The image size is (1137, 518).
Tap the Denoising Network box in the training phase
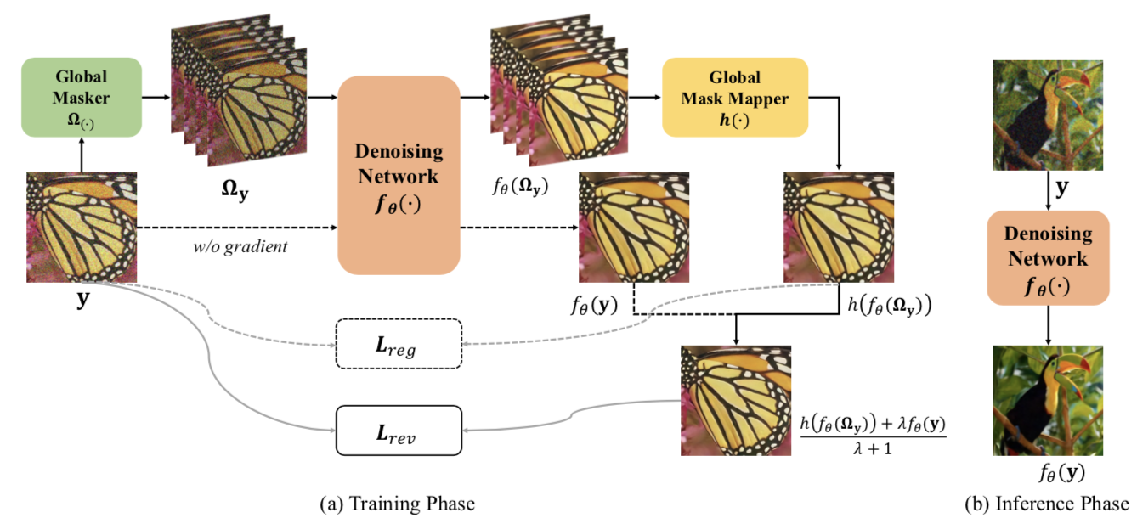399,175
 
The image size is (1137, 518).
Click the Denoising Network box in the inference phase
1048,258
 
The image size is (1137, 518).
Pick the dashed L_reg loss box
398,344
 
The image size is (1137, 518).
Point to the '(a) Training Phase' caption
397,504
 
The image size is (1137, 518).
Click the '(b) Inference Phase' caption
1047,504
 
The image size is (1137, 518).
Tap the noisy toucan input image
1048,115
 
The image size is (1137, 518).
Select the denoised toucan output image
1048,400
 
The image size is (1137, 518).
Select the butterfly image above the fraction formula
735,400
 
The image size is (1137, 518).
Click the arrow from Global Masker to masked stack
156,99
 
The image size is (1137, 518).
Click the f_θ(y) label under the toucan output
1048,473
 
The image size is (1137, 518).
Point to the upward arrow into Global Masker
82,156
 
